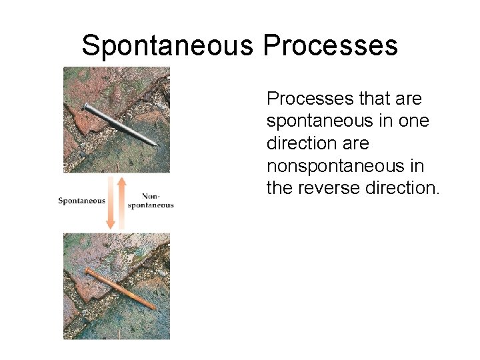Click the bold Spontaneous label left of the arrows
pos(81,201)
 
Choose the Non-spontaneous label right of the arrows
pos(151,201)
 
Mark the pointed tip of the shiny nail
pos(156,144)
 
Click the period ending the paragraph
pos(437,194)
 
